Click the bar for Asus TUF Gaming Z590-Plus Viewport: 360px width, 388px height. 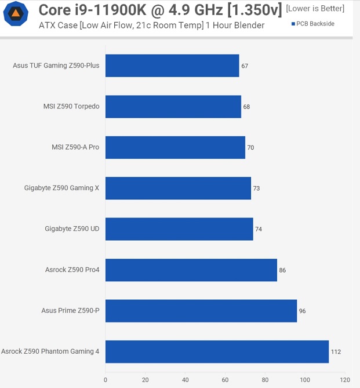tap(172, 66)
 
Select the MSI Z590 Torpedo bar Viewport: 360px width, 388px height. tap(173, 107)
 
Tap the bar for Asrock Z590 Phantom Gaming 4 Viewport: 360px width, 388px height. tap(217, 351)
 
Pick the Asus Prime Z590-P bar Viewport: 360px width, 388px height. tap(201, 311)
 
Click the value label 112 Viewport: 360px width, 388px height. tap(336, 352)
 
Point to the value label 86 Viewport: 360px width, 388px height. tap(282, 270)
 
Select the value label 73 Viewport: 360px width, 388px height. tap(256, 188)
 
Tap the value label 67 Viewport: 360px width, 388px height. tap(245, 66)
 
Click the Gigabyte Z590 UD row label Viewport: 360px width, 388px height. tap(72, 229)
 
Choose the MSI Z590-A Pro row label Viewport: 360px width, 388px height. tap(75, 147)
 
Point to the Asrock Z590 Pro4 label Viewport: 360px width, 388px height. tap(72, 270)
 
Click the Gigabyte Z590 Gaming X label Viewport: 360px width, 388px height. tap(61, 188)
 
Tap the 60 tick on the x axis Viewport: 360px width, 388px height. tap(225, 380)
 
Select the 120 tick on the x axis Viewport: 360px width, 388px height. tap(345, 380)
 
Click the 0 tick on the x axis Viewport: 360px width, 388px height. tap(106, 380)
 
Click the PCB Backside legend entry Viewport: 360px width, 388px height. tap(312, 24)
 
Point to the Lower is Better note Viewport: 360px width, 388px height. tap(315, 9)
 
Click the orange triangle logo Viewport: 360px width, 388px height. tap(16, 13)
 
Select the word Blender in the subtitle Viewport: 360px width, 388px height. tap(250, 25)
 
